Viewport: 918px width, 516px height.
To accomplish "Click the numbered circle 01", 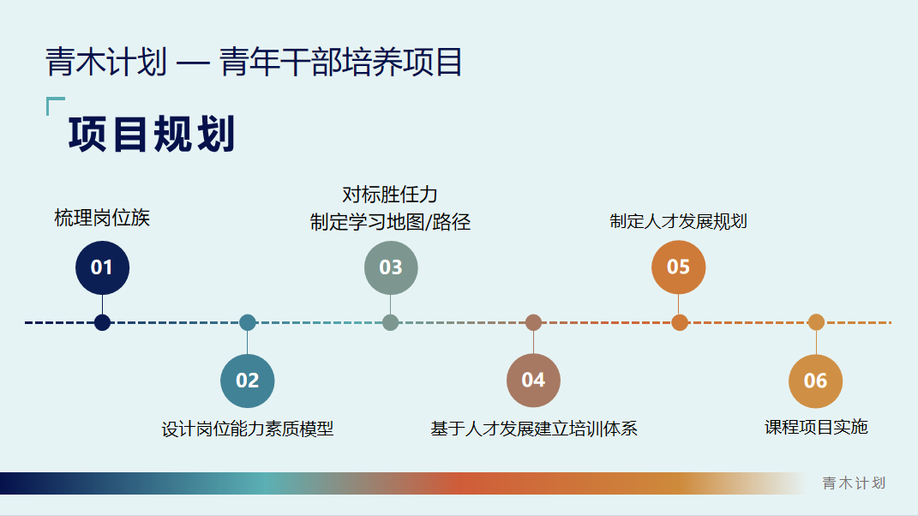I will pyautogui.click(x=102, y=267).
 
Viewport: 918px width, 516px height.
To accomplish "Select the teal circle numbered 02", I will pyautogui.click(x=247, y=381).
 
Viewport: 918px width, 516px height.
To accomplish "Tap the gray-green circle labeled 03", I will pyautogui.click(x=390, y=267).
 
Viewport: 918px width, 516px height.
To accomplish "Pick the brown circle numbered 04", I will pyautogui.click(x=533, y=381).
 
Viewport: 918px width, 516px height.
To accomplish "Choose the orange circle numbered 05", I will pyautogui.click(x=678, y=267).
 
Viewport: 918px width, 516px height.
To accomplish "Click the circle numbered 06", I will pyautogui.click(x=815, y=381).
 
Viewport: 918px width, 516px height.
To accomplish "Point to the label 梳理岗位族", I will pyautogui.click(x=102, y=218).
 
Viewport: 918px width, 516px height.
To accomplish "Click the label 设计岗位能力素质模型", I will pyautogui.click(x=247, y=429).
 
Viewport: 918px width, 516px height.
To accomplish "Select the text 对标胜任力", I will pyautogui.click(x=390, y=195).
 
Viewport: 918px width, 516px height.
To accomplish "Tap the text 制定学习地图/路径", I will pyautogui.click(x=390, y=222).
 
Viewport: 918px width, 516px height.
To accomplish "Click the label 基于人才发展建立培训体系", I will pyautogui.click(x=533, y=429).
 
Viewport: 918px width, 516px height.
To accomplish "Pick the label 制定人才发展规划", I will pyautogui.click(x=678, y=221).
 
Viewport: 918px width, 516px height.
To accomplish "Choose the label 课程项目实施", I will pyautogui.click(x=815, y=427).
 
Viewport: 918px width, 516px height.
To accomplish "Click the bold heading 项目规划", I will pyautogui.click(x=152, y=135).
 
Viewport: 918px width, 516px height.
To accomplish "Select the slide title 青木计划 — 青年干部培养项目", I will pyautogui.click(x=254, y=63).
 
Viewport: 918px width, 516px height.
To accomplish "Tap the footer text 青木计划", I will pyautogui.click(x=854, y=483).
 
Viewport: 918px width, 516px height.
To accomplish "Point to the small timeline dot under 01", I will pyautogui.click(x=102, y=322).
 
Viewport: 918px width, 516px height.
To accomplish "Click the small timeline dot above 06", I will pyautogui.click(x=816, y=322).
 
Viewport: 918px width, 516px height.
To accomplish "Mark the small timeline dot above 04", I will pyautogui.click(x=533, y=322).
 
